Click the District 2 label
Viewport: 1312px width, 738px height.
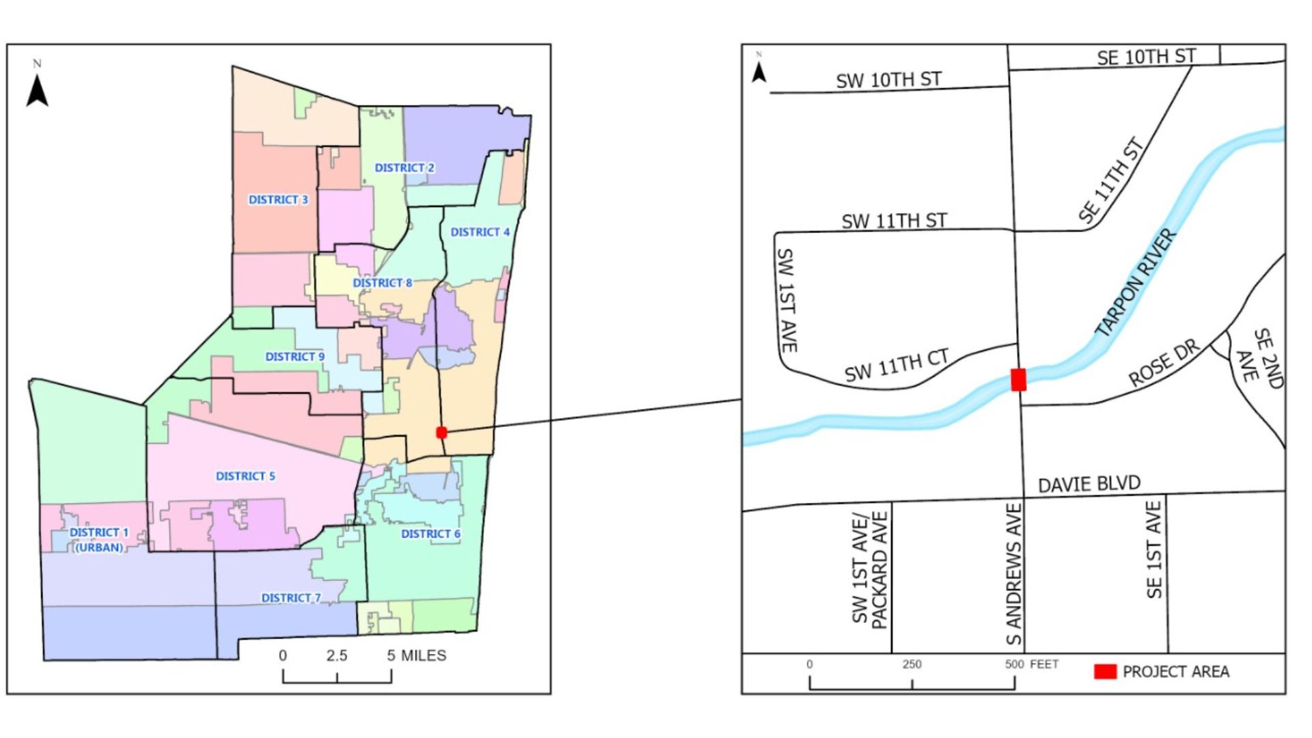[404, 167]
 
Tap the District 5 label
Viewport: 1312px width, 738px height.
[245, 476]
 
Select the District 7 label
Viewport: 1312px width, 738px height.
[290, 598]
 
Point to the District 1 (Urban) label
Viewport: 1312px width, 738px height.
[99, 540]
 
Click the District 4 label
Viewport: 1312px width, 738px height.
[480, 232]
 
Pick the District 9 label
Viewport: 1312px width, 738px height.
[295, 357]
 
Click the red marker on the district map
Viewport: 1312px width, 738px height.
[441, 433]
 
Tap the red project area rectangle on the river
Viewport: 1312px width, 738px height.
[1018, 380]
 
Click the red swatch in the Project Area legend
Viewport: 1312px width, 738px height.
[1105, 672]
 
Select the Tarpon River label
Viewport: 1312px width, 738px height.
[1136, 283]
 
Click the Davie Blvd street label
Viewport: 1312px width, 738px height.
[1089, 484]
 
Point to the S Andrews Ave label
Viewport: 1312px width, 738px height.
[1014, 574]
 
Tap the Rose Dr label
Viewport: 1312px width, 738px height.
[1163, 363]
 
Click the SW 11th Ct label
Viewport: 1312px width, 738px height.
[897, 366]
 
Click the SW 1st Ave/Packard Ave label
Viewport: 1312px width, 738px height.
[869, 569]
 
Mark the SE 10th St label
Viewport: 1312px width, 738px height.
[1146, 57]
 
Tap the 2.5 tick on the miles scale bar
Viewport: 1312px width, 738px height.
[337, 656]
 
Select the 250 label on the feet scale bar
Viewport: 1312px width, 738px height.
[912, 664]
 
